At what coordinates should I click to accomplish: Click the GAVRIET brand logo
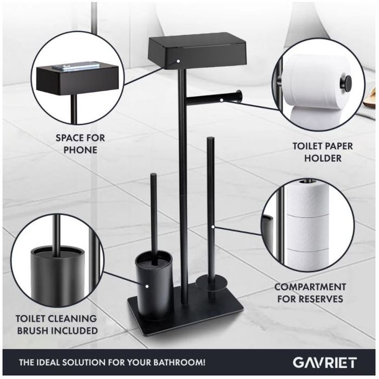pyautogui.click(x=325, y=363)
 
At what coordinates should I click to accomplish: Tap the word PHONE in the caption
pyautogui.click(x=80, y=150)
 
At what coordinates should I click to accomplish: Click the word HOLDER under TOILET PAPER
pyautogui.click(x=323, y=158)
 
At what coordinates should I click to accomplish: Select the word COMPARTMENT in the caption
pyautogui.click(x=310, y=287)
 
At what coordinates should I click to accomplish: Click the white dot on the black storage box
pyautogui.click(x=178, y=61)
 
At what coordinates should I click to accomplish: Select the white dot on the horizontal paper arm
pyautogui.click(x=221, y=100)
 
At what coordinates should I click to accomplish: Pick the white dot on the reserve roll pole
pyautogui.click(x=213, y=227)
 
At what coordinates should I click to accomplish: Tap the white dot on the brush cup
pyautogui.click(x=147, y=286)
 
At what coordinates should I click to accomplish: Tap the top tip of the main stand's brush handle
pyautogui.click(x=153, y=174)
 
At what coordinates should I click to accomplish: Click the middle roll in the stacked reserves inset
pyautogui.click(x=308, y=233)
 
